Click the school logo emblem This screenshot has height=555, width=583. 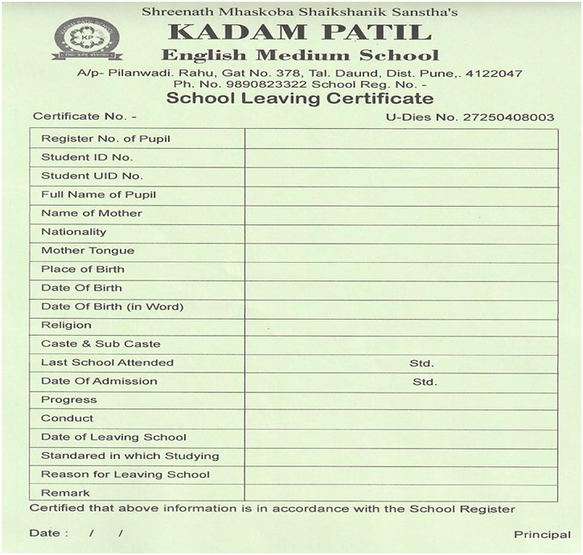(x=86, y=38)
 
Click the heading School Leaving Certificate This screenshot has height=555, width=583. (x=300, y=98)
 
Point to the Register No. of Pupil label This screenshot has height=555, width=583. (x=106, y=138)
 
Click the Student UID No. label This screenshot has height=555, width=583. (x=92, y=176)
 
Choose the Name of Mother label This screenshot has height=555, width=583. (x=91, y=213)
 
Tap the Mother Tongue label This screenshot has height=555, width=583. (x=87, y=250)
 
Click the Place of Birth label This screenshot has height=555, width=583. (x=83, y=270)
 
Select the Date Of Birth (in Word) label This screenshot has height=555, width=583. (x=112, y=306)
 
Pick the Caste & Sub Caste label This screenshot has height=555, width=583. (x=101, y=344)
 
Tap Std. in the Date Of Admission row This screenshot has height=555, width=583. (x=425, y=382)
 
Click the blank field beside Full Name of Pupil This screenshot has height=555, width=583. (x=401, y=195)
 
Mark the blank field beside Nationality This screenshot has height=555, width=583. (x=401, y=232)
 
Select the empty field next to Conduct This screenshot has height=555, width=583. (x=401, y=419)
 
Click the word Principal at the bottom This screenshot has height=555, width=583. (x=542, y=534)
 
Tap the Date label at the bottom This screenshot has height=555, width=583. (x=44, y=533)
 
